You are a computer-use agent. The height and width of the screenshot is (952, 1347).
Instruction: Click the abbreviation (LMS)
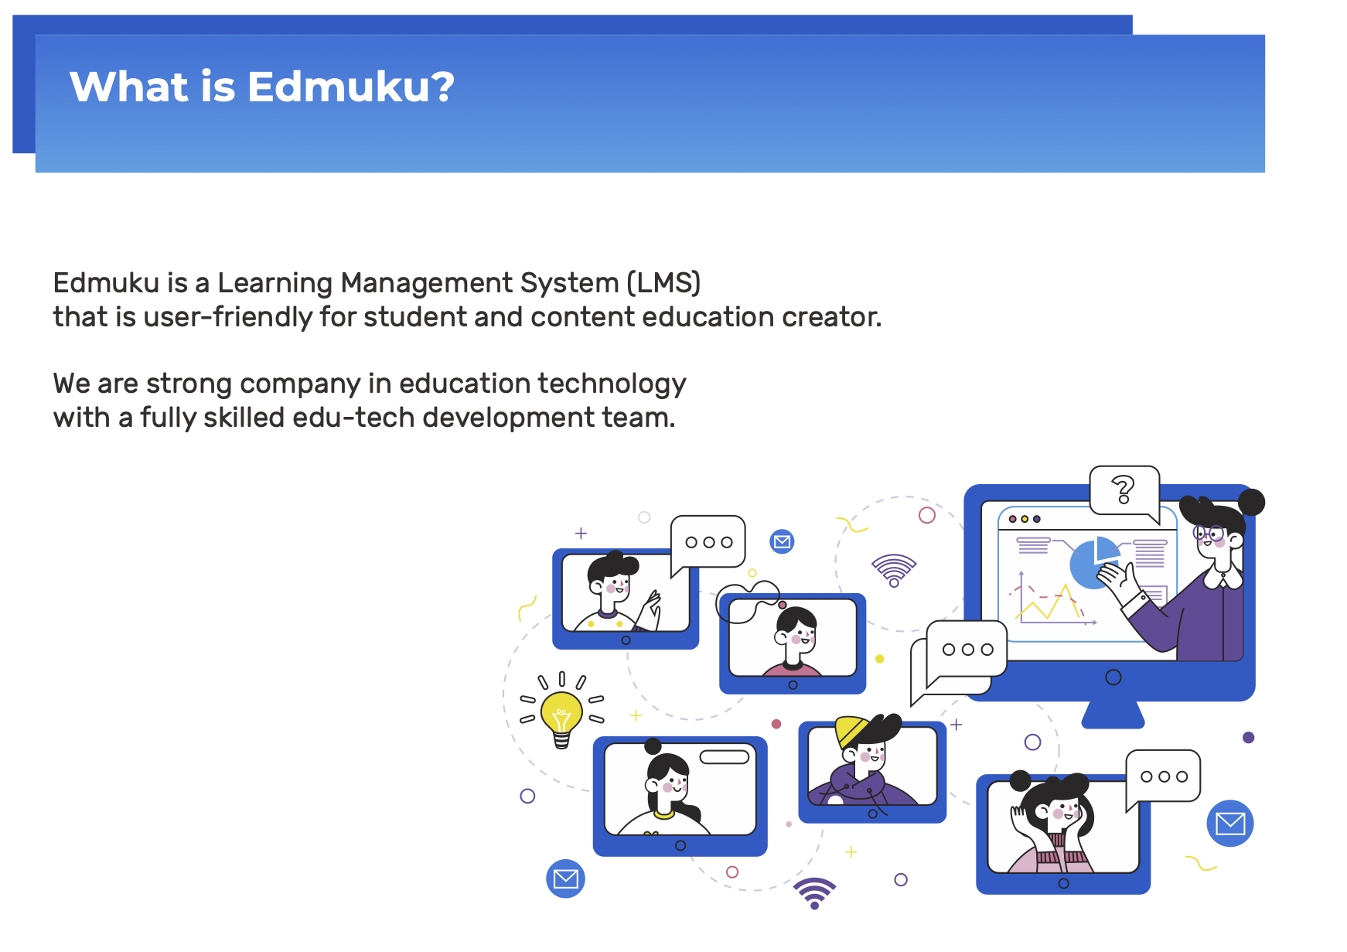(x=663, y=283)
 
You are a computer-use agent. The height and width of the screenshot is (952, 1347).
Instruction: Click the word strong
(x=189, y=384)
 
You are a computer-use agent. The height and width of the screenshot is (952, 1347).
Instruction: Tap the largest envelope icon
(x=1229, y=824)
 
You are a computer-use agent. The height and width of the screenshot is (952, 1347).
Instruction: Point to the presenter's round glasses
(x=1207, y=533)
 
